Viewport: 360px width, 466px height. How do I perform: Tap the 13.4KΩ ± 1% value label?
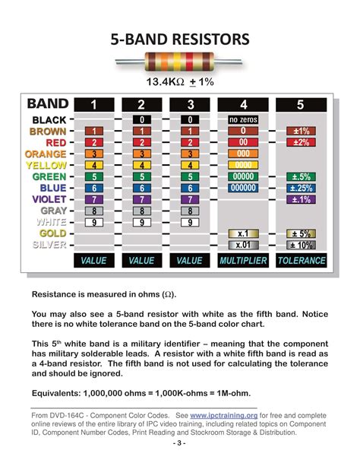180,81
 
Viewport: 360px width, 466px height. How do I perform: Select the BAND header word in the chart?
48,104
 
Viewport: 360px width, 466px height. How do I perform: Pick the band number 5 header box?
300,105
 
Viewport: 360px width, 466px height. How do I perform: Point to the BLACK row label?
49,120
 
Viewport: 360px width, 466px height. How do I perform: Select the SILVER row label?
48,245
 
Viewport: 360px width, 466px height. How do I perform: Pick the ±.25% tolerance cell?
300,188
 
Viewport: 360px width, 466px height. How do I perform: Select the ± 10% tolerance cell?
300,245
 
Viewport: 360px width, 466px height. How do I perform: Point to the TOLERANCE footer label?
301,261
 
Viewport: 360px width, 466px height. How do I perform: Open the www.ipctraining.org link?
223,416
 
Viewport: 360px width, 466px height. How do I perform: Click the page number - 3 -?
180,442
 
